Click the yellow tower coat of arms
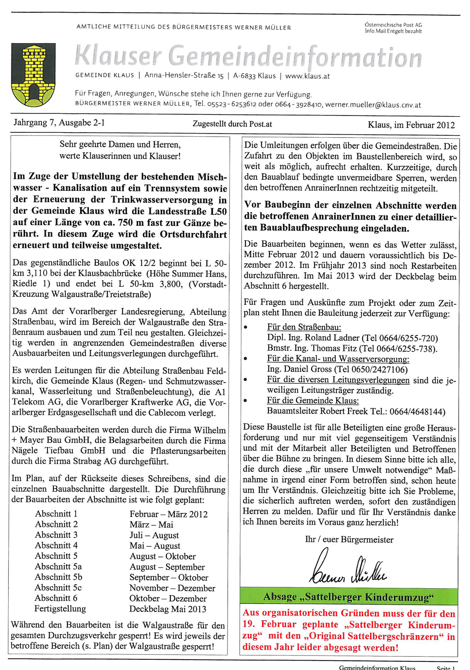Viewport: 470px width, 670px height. (33, 75)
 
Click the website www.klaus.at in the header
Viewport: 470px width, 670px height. (307, 76)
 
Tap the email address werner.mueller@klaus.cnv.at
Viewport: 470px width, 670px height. (373, 105)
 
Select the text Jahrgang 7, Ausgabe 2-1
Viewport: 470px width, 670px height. (59, 123)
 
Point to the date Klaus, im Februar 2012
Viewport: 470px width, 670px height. (411, 125)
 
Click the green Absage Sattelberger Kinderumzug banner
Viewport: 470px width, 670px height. (349, 596)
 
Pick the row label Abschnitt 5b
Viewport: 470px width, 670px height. (58, 577)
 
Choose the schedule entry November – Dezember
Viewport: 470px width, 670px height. (172, 588)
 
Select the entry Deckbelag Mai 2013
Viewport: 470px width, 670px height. (167, 609)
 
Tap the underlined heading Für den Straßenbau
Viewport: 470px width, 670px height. (304, 327)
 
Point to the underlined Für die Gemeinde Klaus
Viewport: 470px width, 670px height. (313, 400)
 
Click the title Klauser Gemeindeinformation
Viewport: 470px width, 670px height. (248, 57)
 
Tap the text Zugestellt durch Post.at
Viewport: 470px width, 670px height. (232, 124)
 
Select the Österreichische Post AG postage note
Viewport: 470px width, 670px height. (393, 28)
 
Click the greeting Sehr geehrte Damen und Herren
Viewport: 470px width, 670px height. (120, 145)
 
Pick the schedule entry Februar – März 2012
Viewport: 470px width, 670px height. (168, 514)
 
